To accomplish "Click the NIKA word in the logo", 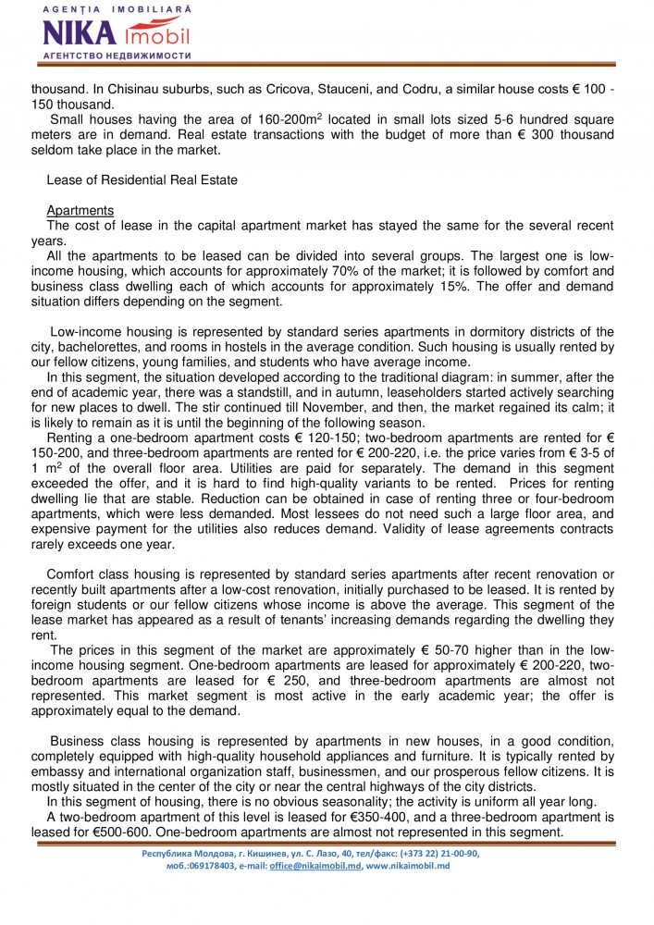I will (x=80, y=34).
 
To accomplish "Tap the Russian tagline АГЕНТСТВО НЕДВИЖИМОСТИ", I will (x=117, y=55).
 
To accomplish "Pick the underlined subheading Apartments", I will (x=80, y=210).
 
